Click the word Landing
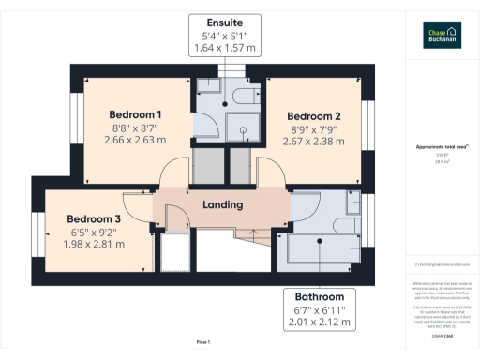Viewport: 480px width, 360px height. coord(222,204)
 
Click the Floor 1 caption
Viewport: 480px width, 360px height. coord(203,342)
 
